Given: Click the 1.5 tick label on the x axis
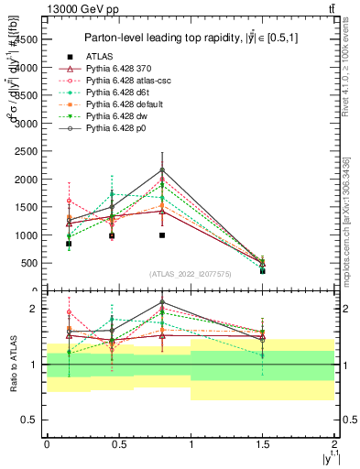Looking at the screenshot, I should coord(263,442).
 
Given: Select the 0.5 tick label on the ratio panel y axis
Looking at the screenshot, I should coord(30,420).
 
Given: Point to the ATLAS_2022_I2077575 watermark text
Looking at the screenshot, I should coord(191,274).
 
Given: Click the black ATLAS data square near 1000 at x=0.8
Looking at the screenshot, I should coord(162,235).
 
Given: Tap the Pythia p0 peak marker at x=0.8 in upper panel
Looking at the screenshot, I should coord(162,169).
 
